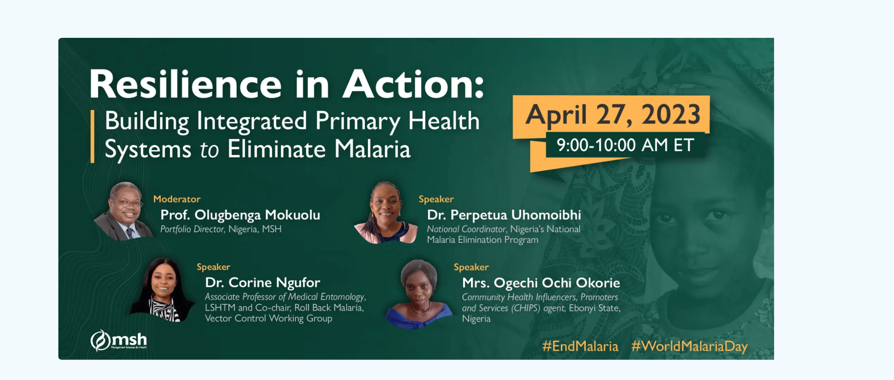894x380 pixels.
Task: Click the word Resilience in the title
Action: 185,85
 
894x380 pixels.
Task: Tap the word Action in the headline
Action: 409,85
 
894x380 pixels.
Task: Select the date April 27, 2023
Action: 613,115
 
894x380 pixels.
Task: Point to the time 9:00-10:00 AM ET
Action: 625,145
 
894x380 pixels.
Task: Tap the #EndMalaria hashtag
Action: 580,347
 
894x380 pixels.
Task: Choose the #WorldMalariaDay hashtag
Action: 689,347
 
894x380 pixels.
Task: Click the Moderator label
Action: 177,199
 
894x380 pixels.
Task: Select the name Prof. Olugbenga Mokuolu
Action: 240,215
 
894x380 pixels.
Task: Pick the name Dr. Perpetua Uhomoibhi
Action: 504,215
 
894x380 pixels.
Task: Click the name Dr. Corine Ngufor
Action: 263,283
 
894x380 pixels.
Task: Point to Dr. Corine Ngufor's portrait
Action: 163,290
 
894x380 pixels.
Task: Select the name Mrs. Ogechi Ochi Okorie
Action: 541,283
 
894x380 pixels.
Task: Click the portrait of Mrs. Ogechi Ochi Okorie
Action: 419,294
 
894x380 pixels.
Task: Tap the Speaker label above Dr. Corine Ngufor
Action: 213,267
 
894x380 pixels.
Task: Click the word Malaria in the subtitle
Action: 372,149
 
